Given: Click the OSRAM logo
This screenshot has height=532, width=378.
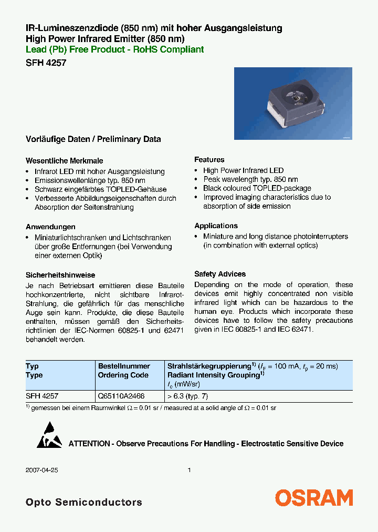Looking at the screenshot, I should click(314, 497).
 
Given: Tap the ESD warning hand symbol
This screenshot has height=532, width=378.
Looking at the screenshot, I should click(49, 435).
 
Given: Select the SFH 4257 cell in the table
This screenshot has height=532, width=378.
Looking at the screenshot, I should click(42, 396).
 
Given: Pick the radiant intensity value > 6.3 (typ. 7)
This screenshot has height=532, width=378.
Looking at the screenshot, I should click(191, 396).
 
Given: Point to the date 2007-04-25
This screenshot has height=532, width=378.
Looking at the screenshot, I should click(42, 470).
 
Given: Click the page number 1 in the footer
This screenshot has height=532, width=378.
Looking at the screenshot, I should click(189, 470).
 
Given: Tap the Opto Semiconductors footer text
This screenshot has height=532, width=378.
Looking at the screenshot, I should click(84, 503).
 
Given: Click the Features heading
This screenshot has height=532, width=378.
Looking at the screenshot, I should click(209, 159).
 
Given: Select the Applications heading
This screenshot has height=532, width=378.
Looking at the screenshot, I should click(216, 226).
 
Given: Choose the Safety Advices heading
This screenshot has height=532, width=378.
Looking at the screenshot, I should click(220, 274).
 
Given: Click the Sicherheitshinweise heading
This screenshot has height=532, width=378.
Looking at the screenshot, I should click(60, 275).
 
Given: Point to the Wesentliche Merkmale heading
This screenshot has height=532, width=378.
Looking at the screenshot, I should click(65, 161).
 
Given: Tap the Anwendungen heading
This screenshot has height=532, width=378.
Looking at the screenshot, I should click(50, 227).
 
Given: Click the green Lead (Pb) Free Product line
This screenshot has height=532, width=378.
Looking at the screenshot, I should click(114, 49).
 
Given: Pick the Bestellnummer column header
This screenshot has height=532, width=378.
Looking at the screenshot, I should click(124, 366).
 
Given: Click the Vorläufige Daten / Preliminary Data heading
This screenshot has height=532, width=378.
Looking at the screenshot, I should click(93, 139).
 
